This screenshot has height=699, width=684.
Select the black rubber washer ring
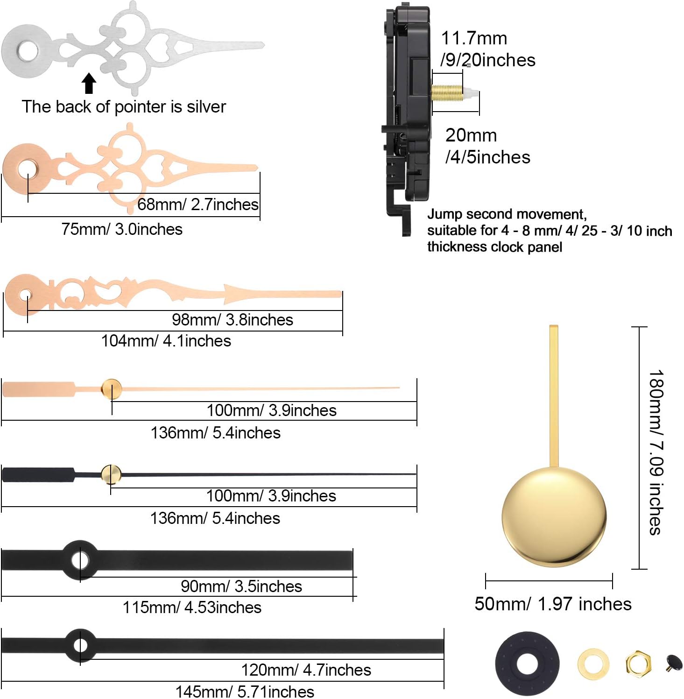527,663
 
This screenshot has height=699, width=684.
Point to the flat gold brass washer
593,664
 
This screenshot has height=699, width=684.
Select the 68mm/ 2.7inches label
198,205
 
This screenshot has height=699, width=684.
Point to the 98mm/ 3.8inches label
233,320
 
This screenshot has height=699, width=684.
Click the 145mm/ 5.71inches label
245,691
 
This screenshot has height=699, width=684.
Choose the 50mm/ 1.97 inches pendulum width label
553,604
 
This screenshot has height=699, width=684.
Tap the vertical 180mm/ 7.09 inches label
656,452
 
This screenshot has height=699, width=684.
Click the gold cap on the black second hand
111,474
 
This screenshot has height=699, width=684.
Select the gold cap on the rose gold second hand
112,389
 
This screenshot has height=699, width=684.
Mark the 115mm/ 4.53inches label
192,607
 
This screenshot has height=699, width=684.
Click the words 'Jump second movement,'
507,214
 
